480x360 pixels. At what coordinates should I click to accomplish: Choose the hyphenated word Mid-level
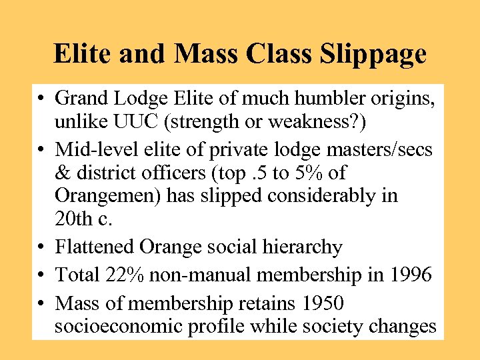tap(96, 150)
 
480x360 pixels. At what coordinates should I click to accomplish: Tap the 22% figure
tap(123, 274)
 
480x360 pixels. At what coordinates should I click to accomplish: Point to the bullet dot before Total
tap(41, 275)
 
